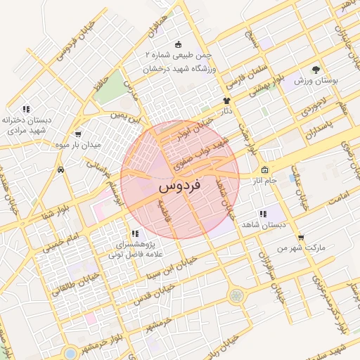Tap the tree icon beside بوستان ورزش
[316, 70]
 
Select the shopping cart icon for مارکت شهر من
[301, 238]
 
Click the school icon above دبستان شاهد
[263, 214]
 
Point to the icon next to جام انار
[264, 170]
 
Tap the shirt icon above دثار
[226, 101]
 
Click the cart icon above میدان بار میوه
[77, 134]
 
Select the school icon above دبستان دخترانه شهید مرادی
[26, 109]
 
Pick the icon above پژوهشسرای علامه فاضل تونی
[134, 233]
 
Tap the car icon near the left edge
[62, 169]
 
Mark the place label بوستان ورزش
[317, 82]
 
